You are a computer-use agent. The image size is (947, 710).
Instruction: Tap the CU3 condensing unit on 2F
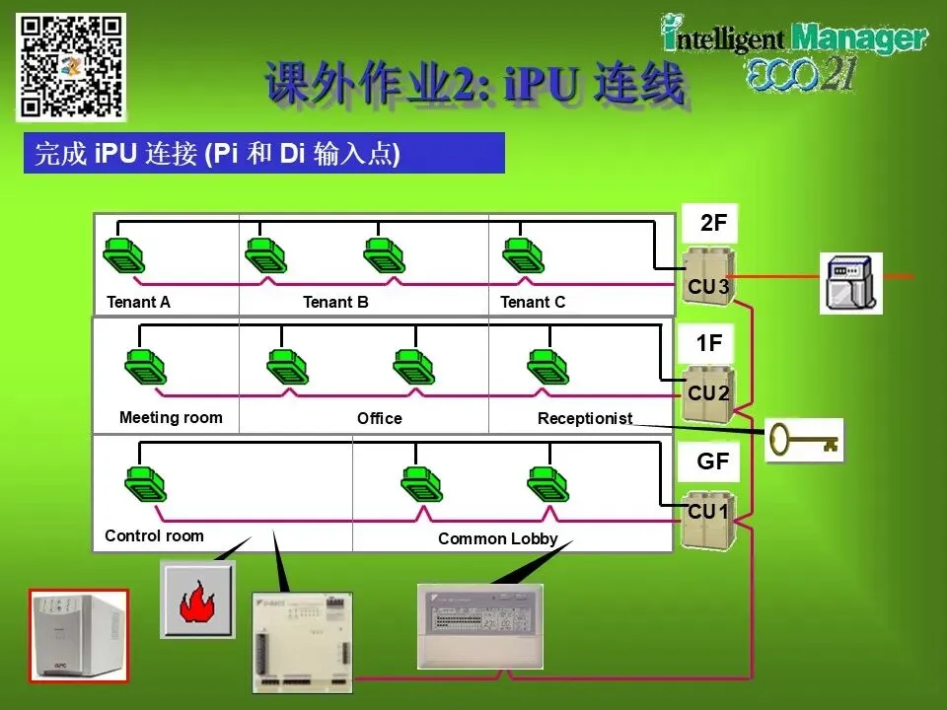[x=708, y=275]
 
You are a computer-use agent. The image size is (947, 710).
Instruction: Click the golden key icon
[x=803, y=439]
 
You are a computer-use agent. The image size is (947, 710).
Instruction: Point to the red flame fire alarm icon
[x=197, y=600]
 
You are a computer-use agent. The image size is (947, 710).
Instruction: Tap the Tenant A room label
[x=138, y=302]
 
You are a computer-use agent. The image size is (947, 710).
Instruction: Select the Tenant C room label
[x=533, y=302]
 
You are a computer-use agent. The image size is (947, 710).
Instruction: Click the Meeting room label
[x=171, y=417]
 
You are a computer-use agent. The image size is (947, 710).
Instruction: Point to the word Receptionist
[x=584, y=418]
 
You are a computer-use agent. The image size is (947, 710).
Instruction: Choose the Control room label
[x=154, y=535]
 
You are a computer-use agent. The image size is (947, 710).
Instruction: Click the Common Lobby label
[x=497, y=538]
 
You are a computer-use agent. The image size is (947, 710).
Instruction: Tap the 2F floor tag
[x=712, y=224]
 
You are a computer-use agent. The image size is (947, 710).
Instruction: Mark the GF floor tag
[x=712, y=461]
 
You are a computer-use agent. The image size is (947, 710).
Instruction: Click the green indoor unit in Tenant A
[x=124, y=255]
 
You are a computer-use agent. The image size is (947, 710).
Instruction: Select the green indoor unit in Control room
[x=146, y=482]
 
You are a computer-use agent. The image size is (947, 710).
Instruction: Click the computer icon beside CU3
[x=850, y=283]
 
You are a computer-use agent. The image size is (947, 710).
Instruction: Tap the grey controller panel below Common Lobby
[x=479, y=624]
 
